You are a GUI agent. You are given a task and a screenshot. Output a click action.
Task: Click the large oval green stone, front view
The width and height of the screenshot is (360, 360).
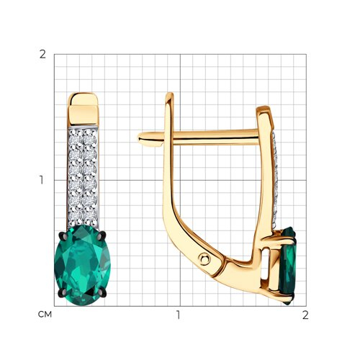point(83,265)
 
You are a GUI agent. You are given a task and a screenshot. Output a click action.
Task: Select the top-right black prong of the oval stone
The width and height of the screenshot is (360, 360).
point(102,235)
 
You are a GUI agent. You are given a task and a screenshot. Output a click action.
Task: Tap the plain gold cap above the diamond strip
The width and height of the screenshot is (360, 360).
point(84,109)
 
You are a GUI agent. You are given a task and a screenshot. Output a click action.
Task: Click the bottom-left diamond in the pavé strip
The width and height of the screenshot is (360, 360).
point(76,216)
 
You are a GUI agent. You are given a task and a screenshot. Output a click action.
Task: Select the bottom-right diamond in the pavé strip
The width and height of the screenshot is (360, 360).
point(90,216)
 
